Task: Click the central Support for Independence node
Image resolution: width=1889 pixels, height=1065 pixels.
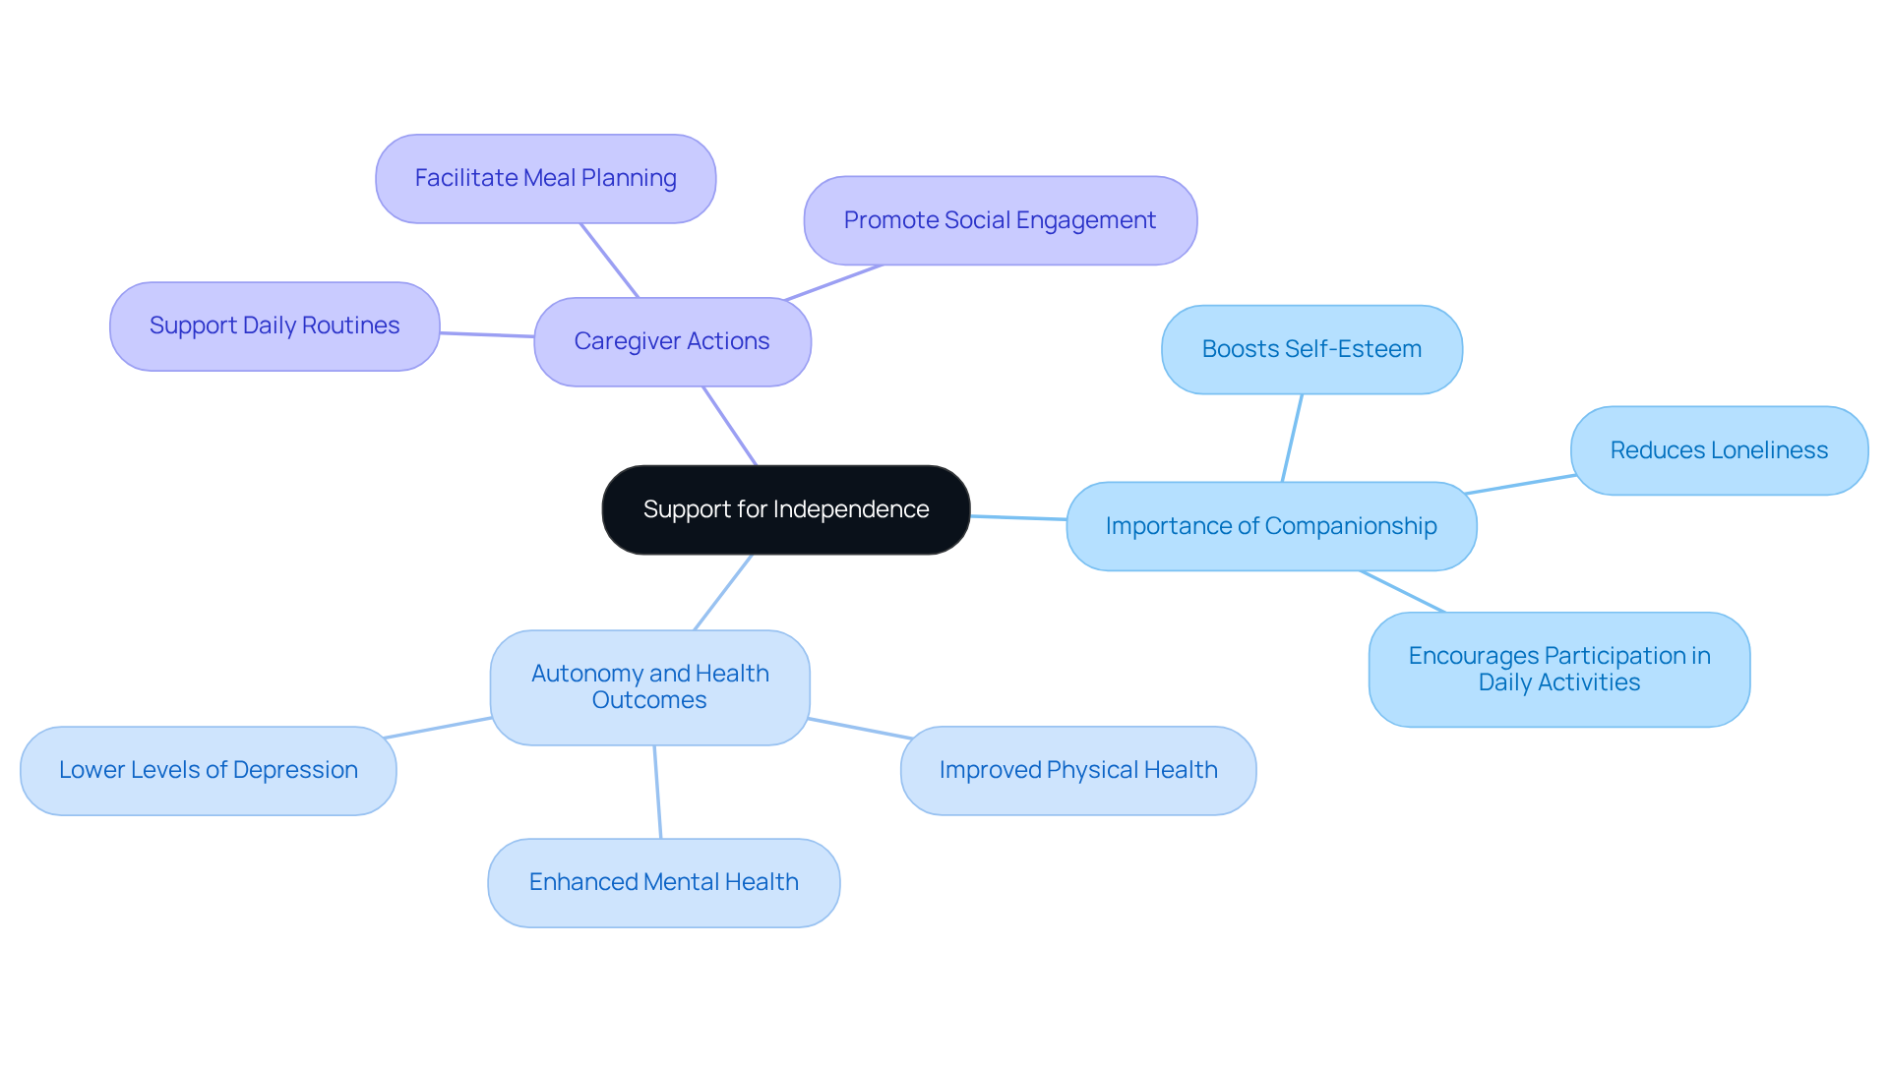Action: click(x=785, y=509)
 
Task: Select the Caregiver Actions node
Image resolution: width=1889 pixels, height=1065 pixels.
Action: click(x=672, y=341)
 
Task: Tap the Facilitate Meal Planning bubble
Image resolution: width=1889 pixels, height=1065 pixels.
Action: click(x=545, y=178)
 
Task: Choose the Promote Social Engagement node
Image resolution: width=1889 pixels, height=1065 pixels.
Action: click(x=1000, y=220)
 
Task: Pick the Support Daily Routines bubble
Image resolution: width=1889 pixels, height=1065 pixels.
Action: click(x=274, y=325)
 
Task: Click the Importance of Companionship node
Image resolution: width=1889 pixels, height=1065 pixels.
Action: click(x=1270, y=526)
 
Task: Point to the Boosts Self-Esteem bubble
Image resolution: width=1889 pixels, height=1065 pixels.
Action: click(x=1310, y=349)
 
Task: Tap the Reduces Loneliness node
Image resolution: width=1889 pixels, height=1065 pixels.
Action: click(x=1718, y=450)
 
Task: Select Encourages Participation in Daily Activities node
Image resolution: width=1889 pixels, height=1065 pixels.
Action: click(x=1558, y=669)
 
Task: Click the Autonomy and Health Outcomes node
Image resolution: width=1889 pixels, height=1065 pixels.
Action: click(x=649, y=686)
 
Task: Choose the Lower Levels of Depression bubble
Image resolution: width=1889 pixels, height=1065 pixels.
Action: click(x=208, y=770)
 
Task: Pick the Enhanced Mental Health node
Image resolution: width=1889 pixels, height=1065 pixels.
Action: click(x=663, y=882)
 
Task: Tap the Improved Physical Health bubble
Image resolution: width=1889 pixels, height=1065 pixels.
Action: click(x=1077, y=770)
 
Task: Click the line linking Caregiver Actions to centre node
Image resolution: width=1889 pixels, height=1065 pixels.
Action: click(x=729, y=425)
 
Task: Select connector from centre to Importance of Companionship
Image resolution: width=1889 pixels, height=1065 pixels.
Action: click(x=1018, y=517)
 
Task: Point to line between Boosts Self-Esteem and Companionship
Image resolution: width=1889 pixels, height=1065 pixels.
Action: click(x=1292, y=438)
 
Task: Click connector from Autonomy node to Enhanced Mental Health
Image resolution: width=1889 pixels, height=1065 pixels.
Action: click(x=657, y=792)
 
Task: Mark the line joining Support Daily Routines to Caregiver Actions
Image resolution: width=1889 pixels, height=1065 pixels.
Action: click(x=487, y=334)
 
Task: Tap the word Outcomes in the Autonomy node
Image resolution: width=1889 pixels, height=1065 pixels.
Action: click(x=649, y=700)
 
